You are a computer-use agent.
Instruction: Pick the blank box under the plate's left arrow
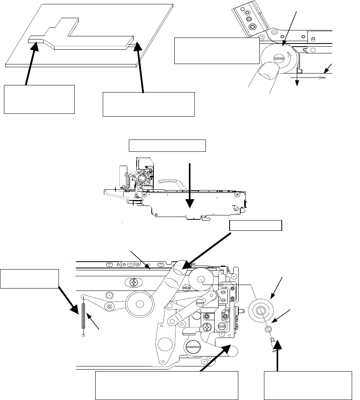coord(39,99)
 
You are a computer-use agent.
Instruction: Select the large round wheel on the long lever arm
coord(139,304)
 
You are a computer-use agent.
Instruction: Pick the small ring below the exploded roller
coord(269,329)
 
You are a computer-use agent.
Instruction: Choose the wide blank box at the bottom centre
coord(167,385)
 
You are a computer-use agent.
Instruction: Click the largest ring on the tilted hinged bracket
coord(250,27)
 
